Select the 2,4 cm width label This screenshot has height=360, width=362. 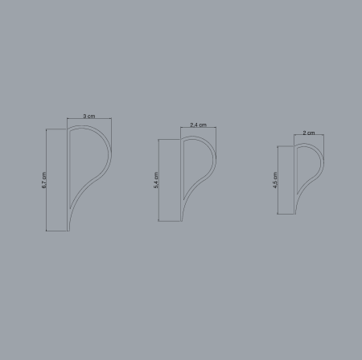(198, 125)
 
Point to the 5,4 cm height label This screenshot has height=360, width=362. (156, 180)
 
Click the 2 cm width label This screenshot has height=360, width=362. (309, 133)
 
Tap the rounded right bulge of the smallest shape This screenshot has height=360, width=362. (323, 159)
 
